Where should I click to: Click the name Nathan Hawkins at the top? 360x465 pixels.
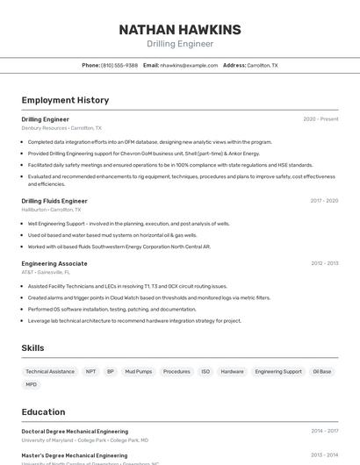(179, 29)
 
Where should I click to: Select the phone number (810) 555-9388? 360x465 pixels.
(119, 65)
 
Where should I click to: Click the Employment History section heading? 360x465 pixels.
(65, 100)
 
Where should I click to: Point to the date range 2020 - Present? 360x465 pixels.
(320, 118)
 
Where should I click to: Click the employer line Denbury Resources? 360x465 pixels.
(61, 127)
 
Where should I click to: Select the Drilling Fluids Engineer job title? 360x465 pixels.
(54, 200)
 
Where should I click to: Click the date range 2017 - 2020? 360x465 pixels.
(324, 200)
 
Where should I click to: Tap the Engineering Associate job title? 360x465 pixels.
(54, 263)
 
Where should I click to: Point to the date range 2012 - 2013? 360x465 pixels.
(324, 263)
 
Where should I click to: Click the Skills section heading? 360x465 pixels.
(32, 348)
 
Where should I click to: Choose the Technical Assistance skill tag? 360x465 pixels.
(50, 371)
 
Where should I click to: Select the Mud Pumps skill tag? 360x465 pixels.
(138, 371)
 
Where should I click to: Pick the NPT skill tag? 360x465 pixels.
(90, 371)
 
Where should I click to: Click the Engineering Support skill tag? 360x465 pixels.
(278, 371)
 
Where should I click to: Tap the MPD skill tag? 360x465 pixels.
(32, 384)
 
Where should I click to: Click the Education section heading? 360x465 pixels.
(43, 411)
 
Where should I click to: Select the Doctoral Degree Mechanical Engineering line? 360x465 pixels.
(75, 432)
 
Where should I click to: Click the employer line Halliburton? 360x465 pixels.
(51, 210)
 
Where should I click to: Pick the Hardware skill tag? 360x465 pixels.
(233, 371)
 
